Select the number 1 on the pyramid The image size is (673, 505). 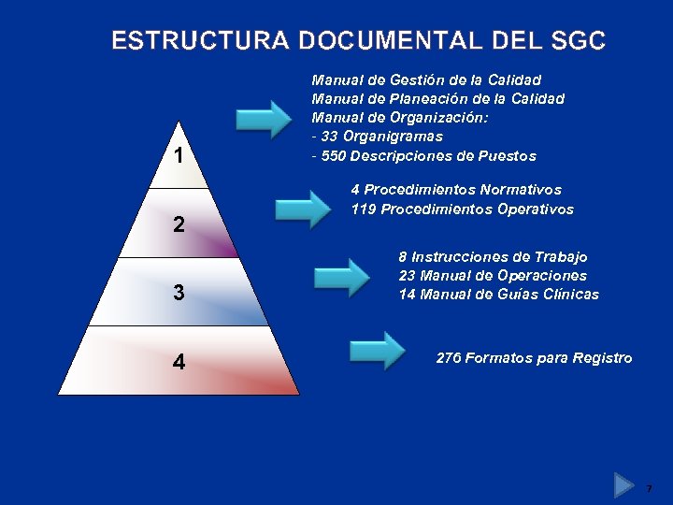pos(179,155)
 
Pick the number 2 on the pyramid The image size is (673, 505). pos(179,225)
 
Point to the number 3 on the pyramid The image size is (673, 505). pos(179,293)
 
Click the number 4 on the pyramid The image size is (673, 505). pos(179,361)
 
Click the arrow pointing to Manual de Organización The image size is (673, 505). pos(265,119)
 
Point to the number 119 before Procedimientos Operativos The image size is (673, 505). pos(364,209)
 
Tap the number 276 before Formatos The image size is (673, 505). pos(449,358)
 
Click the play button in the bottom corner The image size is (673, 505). pos(624,485)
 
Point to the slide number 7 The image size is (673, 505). pos(649,488)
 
